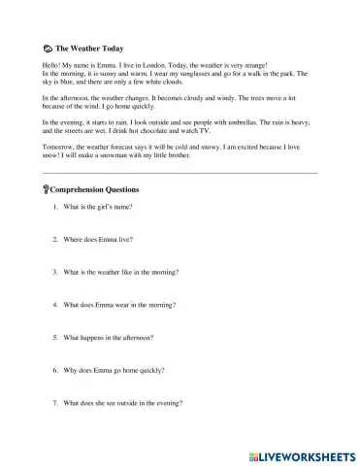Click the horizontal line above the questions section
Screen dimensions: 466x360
[x=180, y=173]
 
